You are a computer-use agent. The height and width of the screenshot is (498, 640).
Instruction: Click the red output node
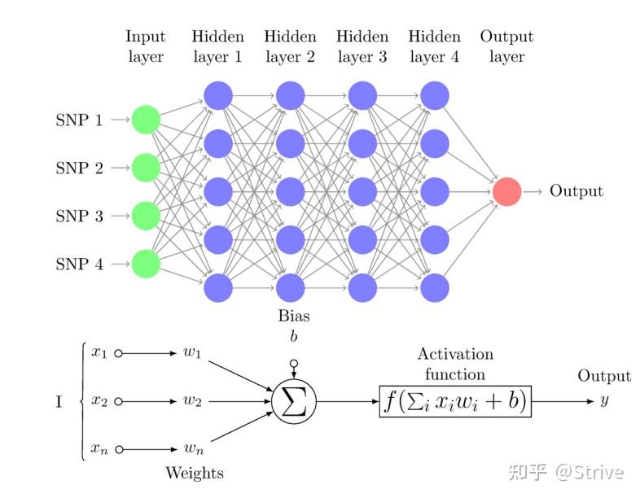(506, 191)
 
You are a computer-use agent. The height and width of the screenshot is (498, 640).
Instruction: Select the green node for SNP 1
(146, 120)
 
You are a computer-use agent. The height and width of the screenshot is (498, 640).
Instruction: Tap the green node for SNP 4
(146, 264)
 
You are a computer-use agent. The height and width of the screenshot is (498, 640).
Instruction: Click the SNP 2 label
(79, 168)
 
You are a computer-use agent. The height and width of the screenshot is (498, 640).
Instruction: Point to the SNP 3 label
(79, 216)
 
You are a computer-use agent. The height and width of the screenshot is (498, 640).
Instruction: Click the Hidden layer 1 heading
(217, 46)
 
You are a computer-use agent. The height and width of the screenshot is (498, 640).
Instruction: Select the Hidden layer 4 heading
(434, 46)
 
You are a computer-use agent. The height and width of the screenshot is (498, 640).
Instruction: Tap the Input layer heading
(146, 46)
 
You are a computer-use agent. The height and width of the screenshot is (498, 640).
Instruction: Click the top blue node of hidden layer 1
(218, 96)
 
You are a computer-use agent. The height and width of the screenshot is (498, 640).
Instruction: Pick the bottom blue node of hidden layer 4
(435, 287)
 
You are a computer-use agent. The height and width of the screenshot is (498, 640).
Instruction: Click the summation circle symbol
(293, 401)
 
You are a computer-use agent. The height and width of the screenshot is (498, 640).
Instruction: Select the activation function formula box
(455, 401)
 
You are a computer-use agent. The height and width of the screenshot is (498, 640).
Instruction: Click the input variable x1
(99, 353)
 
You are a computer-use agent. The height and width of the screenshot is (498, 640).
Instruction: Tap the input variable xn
(99, 449)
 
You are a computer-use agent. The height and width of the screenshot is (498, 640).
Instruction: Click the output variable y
(604, 401)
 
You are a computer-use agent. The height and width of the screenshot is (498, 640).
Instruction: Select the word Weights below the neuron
(194, 473)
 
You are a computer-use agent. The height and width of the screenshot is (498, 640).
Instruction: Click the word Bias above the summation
(293, 316)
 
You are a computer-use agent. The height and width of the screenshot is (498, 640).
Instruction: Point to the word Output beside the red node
(576, 191)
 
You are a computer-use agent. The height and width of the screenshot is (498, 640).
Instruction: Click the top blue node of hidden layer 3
(362, 96)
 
